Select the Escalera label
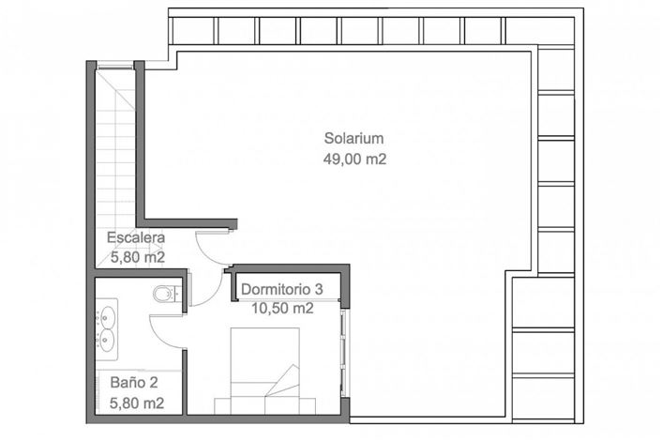[136, 236]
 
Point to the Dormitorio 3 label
[282, 289]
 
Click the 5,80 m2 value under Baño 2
[137, 403]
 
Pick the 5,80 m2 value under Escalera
[137, 256]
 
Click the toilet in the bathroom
[167, 294]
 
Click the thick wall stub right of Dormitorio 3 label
[344, 286]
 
